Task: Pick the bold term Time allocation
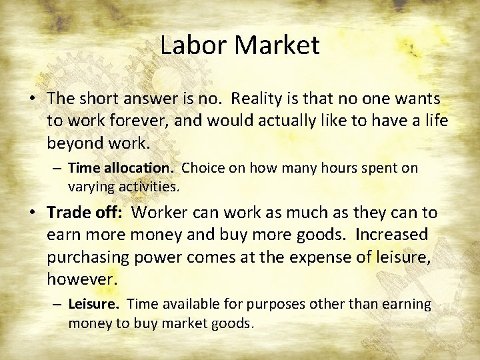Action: [122, 168]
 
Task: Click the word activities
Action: [147, 187]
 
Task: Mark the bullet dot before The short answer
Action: [32, 99]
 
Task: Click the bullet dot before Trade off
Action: [32, 213]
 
